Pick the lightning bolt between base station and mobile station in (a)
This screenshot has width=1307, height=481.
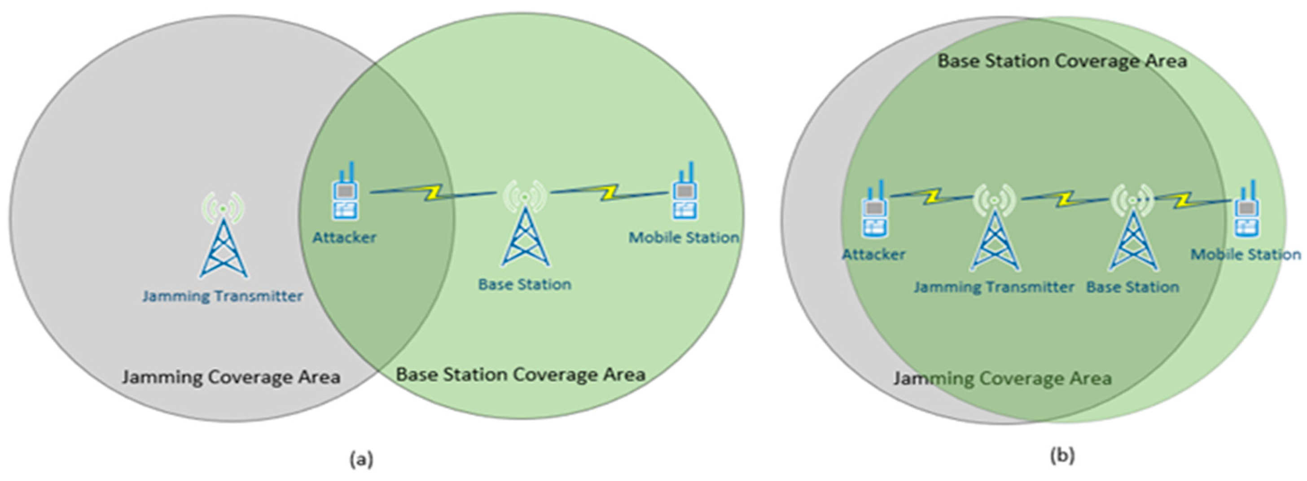(607, 193)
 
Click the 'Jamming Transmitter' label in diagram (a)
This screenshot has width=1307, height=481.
(222, 296)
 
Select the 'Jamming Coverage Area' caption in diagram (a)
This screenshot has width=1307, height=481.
(231, 377)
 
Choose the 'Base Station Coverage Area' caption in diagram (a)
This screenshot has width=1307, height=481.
(521, 375)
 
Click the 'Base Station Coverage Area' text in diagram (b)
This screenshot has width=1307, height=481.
(1062, 61)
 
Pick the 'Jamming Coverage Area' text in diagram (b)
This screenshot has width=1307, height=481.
(1003, 378)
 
